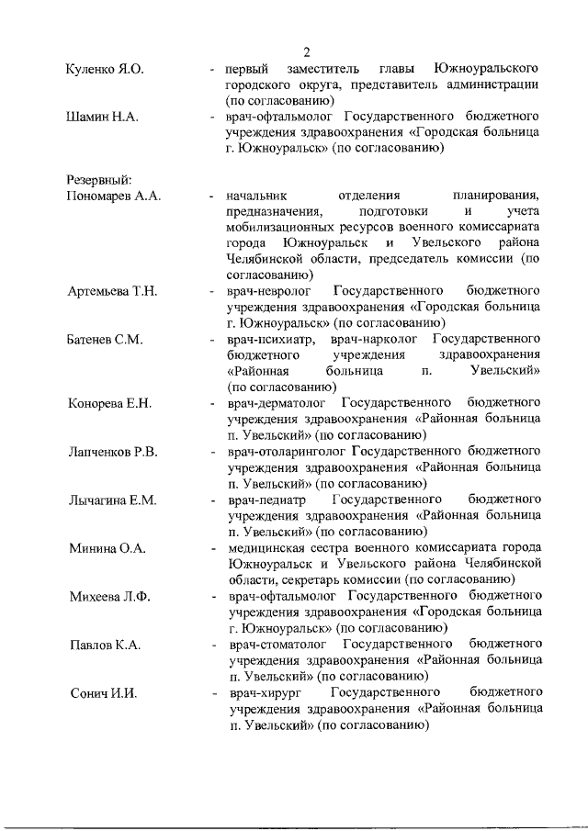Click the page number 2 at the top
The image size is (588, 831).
(x=308, y=51)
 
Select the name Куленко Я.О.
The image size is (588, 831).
(x=106, y=70)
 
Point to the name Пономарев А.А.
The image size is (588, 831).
(x=113, y=196)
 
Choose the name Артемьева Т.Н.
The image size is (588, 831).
(x=112, y=291)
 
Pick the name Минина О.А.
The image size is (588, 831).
(x=105, y=548)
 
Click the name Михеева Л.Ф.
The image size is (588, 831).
(x=109, y=597)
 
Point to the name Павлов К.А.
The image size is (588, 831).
(x=104, y=645)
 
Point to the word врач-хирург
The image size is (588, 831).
(x=262, y=692)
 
